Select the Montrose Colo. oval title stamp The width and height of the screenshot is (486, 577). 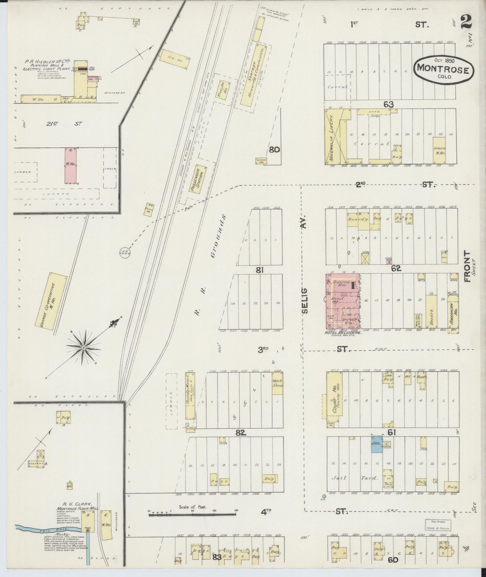[x=443, y=68]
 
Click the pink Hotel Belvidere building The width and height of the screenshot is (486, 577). [x=342, y=301]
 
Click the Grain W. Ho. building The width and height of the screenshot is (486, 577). [x=439, y=150]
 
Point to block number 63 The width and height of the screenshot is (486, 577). [x=388, y=104]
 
